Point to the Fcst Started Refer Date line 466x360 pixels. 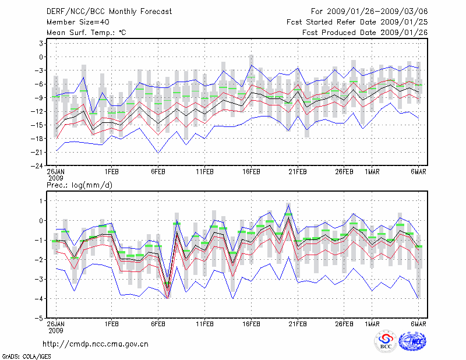357,22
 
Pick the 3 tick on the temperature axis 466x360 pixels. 41,43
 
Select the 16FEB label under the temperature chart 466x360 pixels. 251,172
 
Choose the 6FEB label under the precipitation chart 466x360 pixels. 158,324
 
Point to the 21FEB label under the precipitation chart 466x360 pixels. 298,324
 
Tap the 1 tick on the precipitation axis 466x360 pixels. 41,201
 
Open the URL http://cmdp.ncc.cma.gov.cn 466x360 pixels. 96,344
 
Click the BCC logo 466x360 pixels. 386,342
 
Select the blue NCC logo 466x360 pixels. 413,343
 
